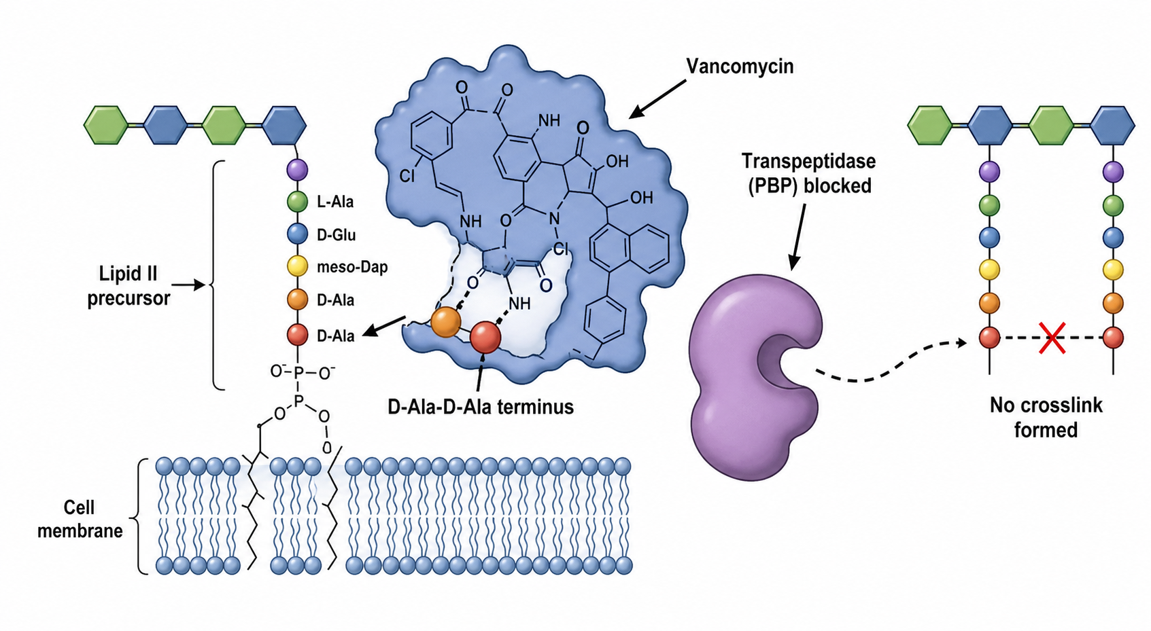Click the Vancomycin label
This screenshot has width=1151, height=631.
[x=740, y=67]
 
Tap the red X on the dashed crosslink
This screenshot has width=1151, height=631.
[x=1052, y=338]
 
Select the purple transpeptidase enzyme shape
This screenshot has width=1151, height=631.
[x=755, y=378]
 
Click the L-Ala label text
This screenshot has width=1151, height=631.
[x=335, y=202]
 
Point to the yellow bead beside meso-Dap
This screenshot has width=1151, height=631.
[x=297, y=267]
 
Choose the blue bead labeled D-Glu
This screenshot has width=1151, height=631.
[x=297, y=234]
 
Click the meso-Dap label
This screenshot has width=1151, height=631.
[x=352, y=268]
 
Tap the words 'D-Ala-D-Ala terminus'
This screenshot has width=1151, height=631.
[x=481, y=407]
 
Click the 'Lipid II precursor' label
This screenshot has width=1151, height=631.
[x=128, y=286]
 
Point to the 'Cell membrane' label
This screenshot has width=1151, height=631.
[x=80, y=519]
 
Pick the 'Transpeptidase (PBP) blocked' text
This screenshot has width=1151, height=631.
[x=809, y=173]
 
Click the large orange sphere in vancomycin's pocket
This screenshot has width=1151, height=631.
[x=445, y=323]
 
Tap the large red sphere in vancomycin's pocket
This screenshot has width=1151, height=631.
[x=485, y=338]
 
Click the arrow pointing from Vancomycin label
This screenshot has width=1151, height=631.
[x=657, y=99]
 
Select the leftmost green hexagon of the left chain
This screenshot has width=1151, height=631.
[x=105, y=125]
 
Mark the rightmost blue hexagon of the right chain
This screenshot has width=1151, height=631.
[x=1112, y=125]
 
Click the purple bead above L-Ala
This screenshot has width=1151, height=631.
[x=297, y=169]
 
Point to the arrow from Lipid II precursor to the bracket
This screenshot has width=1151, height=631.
[x=188, y=285]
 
